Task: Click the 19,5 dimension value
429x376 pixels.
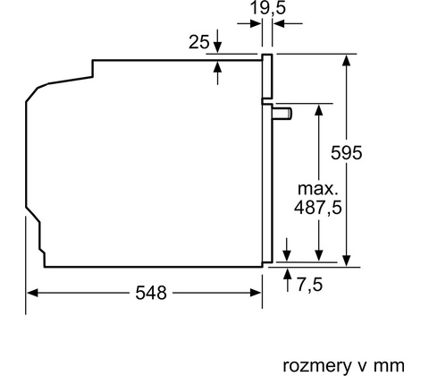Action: pyautogui.click(x=268, y=8)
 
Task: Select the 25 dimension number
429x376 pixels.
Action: pyautogui.click(x=199, y=42)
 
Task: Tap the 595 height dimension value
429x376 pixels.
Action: pyautogui.click(x=347, y=153)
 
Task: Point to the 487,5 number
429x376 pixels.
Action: pyautogui.click(x=317, y=208)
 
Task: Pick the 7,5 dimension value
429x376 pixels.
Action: pyautogui.click(x=310, y=284)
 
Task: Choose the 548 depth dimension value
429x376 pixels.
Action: pyautogui.click(x=151, y=293)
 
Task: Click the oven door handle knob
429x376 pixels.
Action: pyautogui.click(x=282, y=114)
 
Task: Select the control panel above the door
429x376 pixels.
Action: pyautogui.click(x=267, y=76)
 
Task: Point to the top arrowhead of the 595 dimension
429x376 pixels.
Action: pyautogui.click(x=346, y=60)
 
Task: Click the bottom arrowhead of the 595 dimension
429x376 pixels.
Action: pyautogui.click(x=346, y=261)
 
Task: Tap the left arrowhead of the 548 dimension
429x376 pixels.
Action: pyautogui.click(x=32, y=293)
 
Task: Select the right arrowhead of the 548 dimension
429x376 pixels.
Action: pyautogui.click(x=256, y=293)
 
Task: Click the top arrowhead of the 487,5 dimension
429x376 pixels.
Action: pyautogui.click(x=319, y=109)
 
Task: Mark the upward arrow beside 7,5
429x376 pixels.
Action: pyautogui.click(x=288, y=280)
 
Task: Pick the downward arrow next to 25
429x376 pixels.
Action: pyautogui.click(x=218, y=41)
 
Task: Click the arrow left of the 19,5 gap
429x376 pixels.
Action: pyautogui.click(x=249, y=24)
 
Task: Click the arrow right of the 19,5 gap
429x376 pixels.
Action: pyautogui.click(x=288, y=23)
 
